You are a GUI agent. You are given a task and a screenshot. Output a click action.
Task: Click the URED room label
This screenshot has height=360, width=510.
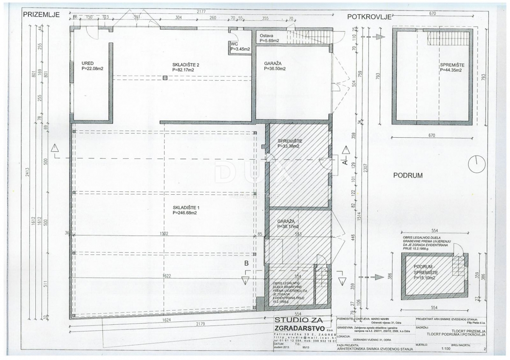tap(88, 62)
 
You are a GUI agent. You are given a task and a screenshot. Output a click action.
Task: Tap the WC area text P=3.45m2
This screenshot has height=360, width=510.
tap(240, 49)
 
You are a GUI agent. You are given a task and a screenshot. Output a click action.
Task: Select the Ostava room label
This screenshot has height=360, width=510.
tap(266, 36)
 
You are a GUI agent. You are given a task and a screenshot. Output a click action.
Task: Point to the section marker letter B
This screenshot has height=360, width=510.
tap(246, 264)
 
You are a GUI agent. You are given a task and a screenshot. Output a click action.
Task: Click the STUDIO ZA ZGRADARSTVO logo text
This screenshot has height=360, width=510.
tap(298, 323)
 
